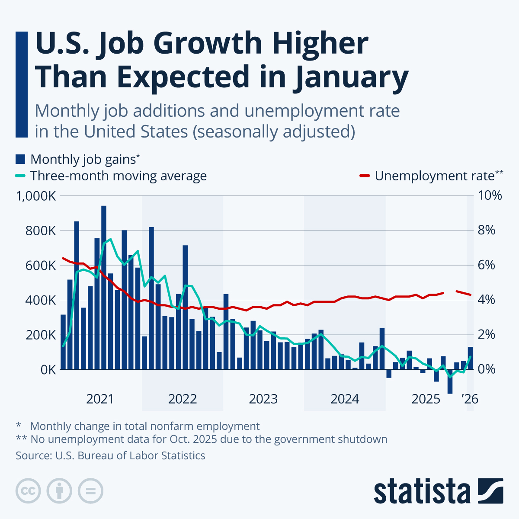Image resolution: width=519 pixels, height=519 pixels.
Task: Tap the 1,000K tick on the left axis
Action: pos(36,196)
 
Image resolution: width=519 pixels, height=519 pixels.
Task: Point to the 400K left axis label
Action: pos(40,300)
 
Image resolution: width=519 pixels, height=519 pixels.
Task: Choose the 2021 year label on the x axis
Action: pos(100,399)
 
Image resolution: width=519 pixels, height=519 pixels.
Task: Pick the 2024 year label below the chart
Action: pos(345,399)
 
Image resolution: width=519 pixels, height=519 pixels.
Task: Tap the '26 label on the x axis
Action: pos(470,399)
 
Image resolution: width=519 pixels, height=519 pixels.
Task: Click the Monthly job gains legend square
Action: pos(20,159)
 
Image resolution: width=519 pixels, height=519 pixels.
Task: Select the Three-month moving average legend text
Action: pos(119,176)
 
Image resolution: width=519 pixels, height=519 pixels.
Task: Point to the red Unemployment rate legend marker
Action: pos(365,176)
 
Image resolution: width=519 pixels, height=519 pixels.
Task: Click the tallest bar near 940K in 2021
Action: pos(104,285)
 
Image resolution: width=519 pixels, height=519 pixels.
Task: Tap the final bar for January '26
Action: pos(470,358)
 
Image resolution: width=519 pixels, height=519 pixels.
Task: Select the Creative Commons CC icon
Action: pos(28,491)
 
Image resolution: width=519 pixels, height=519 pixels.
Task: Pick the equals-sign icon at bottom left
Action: pos(90,491)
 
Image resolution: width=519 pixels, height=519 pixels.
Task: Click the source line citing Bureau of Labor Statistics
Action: pos(110,455)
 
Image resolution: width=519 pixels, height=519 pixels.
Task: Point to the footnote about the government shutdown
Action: pos(202,439)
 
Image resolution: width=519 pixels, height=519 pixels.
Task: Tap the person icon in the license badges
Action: pos(59,491)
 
